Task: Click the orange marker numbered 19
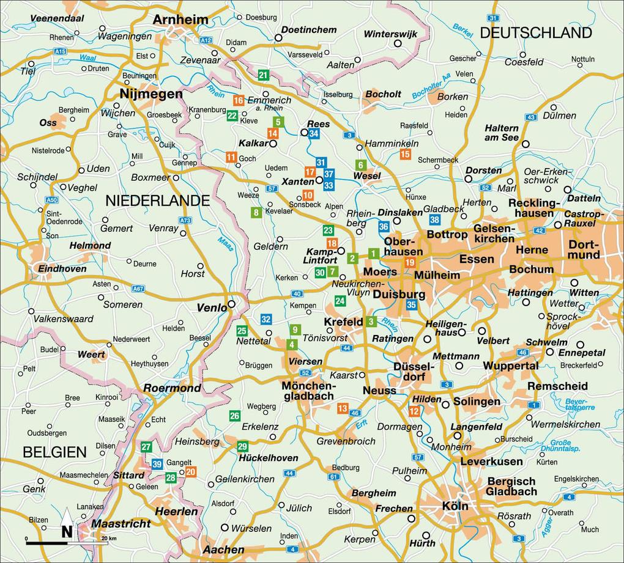(x=410, y=263)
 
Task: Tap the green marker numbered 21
(x=264, y=75)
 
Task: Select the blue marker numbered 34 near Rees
(x=314, y=133)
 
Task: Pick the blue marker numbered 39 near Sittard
(x=157, y=465)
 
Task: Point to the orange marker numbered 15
(x=405, y=154)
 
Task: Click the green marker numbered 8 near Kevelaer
(x=256, y=213)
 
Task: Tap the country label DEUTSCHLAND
(x=536, y=33)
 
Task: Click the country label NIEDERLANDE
(x=158, y=201)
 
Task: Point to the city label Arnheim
(x=180, y=20)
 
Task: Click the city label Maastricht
(x=121, y=524)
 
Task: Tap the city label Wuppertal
(x=511, y=366)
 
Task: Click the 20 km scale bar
(x=67, y=542)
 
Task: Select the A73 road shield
(x=185, y=220)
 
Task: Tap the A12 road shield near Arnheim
(x=206, y=40)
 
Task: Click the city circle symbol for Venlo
(x=232, y=304)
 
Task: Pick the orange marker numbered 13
(x=343, y=408)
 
